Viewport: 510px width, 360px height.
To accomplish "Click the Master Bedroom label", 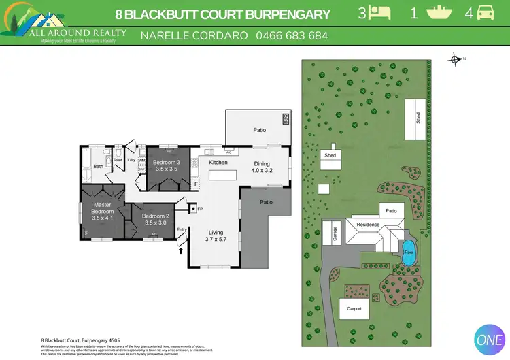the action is tap(103, 211).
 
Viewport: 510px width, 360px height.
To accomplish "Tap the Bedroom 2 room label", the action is tap(154, 220).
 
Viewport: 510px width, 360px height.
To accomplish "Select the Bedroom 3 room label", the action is tap(166, 165).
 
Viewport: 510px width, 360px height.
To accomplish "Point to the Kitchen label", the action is tap(218, 163).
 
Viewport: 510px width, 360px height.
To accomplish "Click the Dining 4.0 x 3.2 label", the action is tap(262, 167).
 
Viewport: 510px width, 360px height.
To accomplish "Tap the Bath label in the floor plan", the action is tap(99, 166).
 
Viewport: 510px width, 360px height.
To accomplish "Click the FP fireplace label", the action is tap(199, 208).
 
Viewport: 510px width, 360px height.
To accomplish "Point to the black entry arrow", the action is tap(181, 250).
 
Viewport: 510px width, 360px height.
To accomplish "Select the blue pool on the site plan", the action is tap(408, 252).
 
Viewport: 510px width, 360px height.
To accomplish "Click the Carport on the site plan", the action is tap(354, 308).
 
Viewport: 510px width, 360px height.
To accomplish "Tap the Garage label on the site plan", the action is tap(335, 233).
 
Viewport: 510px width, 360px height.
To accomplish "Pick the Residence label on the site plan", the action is tap(368, 225).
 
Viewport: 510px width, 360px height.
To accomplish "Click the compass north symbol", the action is tap(455, 59).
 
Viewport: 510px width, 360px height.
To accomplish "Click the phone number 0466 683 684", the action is tap(291, 35).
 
